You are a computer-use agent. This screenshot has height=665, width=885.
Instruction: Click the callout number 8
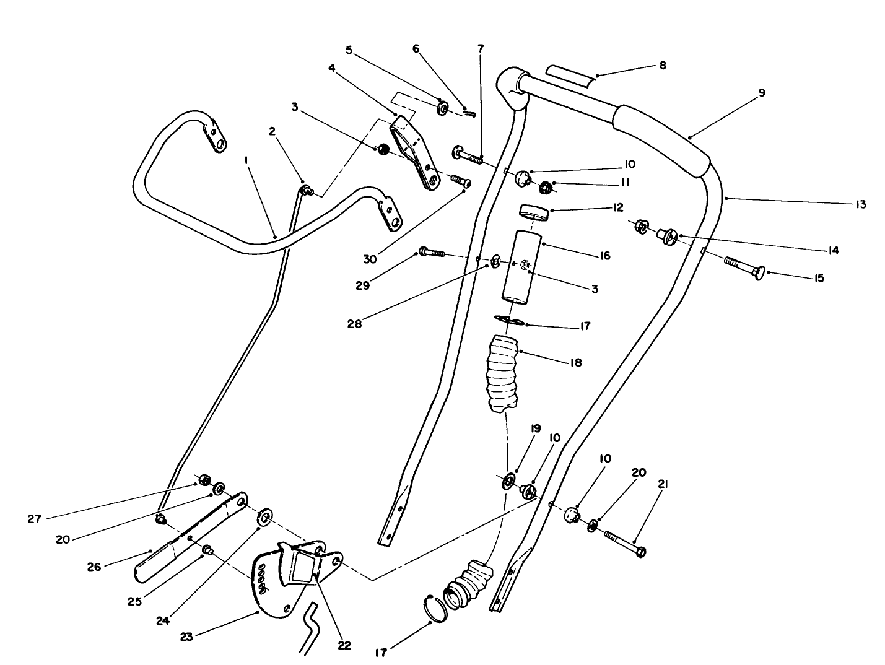click(662, 65)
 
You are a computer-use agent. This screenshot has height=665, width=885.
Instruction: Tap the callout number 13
click(860, 204)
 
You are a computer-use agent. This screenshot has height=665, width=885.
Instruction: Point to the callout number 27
click(34, 519)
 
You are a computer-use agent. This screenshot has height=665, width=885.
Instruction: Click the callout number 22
click(344, 645)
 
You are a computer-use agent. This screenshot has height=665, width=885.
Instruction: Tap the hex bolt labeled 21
click(624, 543)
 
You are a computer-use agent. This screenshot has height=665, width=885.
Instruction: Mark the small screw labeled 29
click(432, 252)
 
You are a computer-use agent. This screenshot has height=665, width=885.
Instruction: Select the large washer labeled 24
click(265, 517)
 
